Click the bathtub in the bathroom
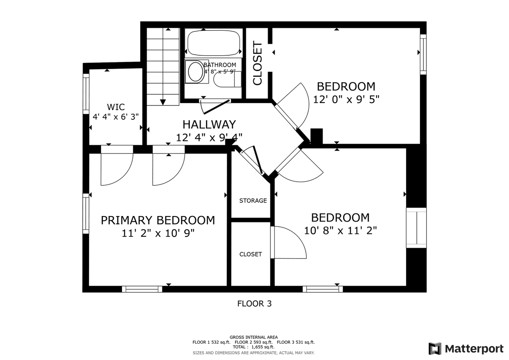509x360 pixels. [x=214, y=43]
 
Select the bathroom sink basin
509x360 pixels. [x=196, y=72]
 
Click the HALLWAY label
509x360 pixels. [x=209, y=125]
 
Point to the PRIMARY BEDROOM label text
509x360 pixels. [x=157, y=220]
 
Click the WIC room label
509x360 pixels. [x=116, y=107]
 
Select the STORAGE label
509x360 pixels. [x=253, y=200]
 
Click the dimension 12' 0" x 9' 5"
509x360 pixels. [x=346, y=99]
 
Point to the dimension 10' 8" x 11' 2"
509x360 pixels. [x=340, y=230]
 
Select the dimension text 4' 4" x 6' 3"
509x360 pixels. [x=116, y=117]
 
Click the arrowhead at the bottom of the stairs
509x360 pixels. [x=163, y=102]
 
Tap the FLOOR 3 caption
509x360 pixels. [x=254, y=304]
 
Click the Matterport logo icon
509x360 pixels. [x=435, y=348]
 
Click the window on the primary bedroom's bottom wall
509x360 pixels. [x=142, y=289]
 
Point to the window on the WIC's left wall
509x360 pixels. [x=85, y=94]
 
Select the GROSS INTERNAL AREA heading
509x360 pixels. [x=254, y=337]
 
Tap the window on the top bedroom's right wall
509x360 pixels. [x=423, y=54]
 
